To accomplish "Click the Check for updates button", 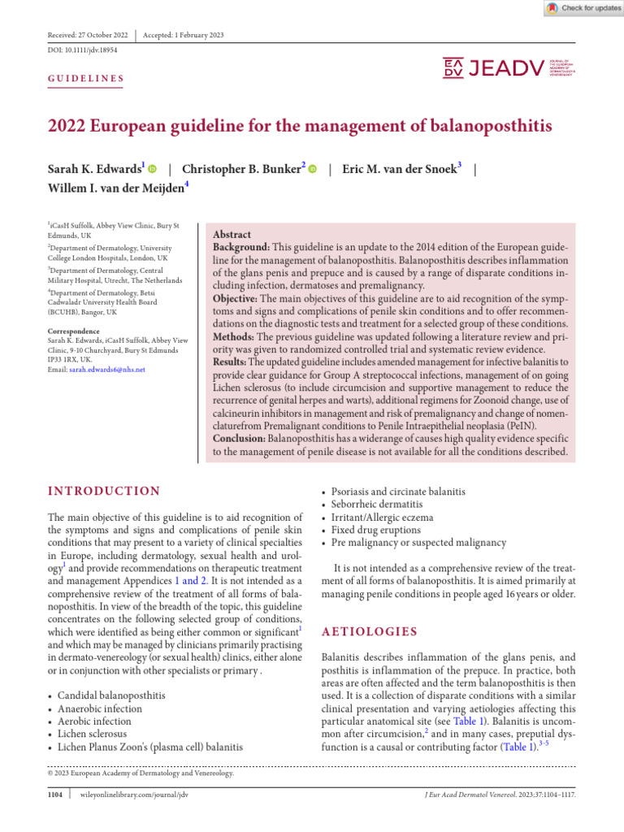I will click(581, 8).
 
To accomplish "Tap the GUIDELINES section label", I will click(86, 79).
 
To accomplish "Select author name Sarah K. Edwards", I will click(94, 169).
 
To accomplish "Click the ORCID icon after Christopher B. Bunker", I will click(313, 169).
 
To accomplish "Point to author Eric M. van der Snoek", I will click(401, 169).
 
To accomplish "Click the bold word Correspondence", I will click(74, 331).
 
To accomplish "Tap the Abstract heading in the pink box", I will click(232, 234).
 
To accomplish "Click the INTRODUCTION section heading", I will click(104, 492).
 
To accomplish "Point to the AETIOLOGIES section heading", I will click(370, 631).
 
